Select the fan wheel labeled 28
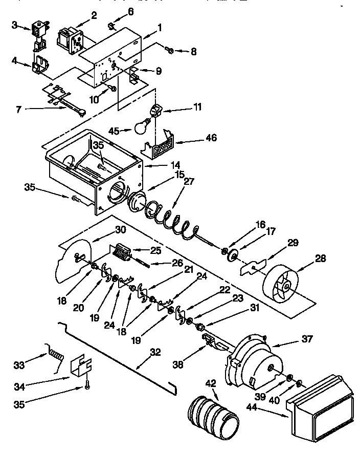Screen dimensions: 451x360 282,284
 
